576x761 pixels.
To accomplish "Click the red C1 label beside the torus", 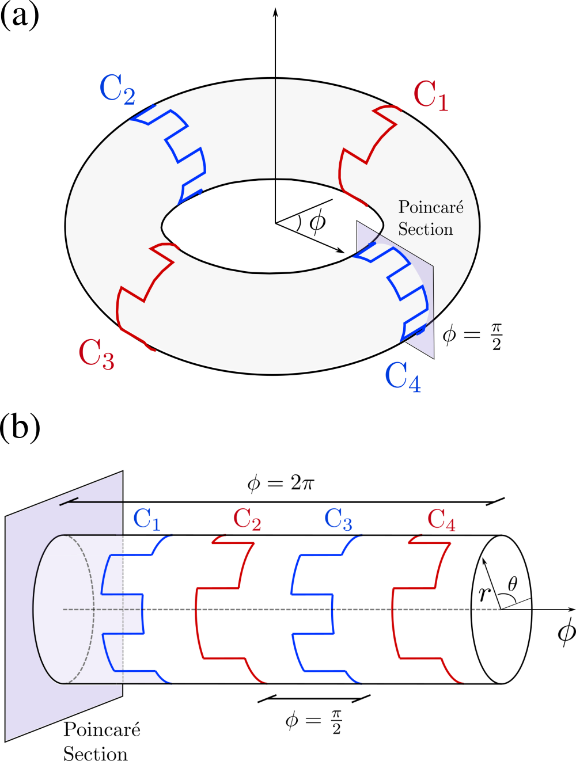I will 430,96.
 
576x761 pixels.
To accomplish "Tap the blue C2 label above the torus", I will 117,89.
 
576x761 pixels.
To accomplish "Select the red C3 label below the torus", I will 96,353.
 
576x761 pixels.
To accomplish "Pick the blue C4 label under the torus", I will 403,377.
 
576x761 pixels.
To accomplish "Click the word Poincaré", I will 430,207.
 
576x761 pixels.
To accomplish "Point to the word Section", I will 425,229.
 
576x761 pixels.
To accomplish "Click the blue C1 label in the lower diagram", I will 146,519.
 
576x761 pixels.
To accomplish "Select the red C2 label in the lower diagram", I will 247,519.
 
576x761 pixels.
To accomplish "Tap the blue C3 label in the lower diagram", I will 338,519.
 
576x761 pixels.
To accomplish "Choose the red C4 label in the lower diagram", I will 441,519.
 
